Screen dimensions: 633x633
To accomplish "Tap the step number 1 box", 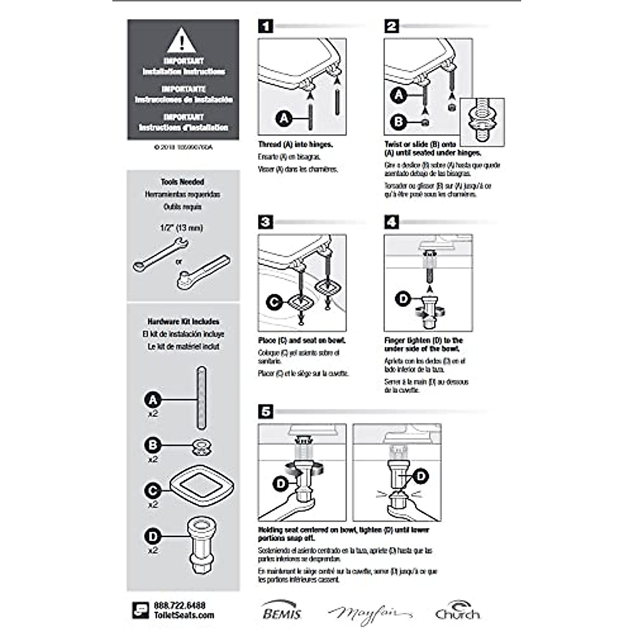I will (x=266, y=26).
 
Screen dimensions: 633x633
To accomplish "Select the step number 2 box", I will (x=391, y=26).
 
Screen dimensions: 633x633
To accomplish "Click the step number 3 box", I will (x=266, y=222).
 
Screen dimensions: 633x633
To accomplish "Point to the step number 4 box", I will (x=391, y=222).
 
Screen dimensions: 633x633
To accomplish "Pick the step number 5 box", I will (x=266, y=411).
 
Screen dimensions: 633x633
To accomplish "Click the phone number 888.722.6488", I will (x=179, y=606).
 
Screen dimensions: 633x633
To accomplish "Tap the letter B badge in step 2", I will (x=399, y=122).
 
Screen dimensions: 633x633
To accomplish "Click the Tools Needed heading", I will (x=183, y=182).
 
